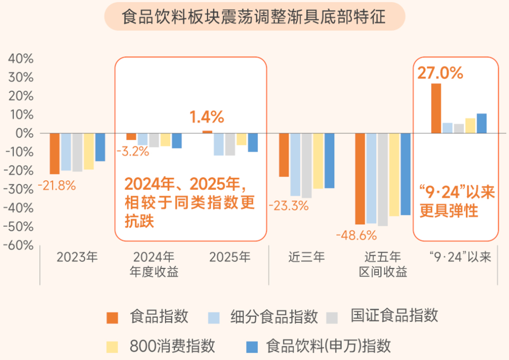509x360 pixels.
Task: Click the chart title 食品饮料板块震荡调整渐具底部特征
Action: tap(254, 16)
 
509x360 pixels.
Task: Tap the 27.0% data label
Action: tap(440, 73)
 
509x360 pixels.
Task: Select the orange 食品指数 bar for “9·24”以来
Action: tap(436, 108)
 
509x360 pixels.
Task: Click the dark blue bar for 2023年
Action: tap(100, 147)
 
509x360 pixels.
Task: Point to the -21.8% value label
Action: tap(57, 186)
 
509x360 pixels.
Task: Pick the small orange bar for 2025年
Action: tap(207, 132)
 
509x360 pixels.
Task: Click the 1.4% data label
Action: tap(207, 117)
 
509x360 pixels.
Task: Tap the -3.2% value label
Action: tap(132, 151)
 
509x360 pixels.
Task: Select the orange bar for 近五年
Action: tap(360, 179)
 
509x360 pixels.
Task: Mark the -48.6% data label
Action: tap(356, 235)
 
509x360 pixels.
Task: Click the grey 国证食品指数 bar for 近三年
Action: tap(306, 165)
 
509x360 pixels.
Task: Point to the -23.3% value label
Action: tap(288, 205)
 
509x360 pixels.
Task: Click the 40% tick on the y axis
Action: tap(21, 59)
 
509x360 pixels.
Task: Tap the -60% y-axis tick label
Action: tap(18, 245)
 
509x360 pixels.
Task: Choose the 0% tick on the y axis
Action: tap(25, 133)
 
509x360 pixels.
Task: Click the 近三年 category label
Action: tap(307, 257)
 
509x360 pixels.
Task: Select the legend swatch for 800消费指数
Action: tap(112, 347)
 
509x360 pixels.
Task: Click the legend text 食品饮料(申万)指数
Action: tap(328, 346)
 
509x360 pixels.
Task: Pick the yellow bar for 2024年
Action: tap(165, 139)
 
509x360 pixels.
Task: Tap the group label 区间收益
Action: tap(383, 272)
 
